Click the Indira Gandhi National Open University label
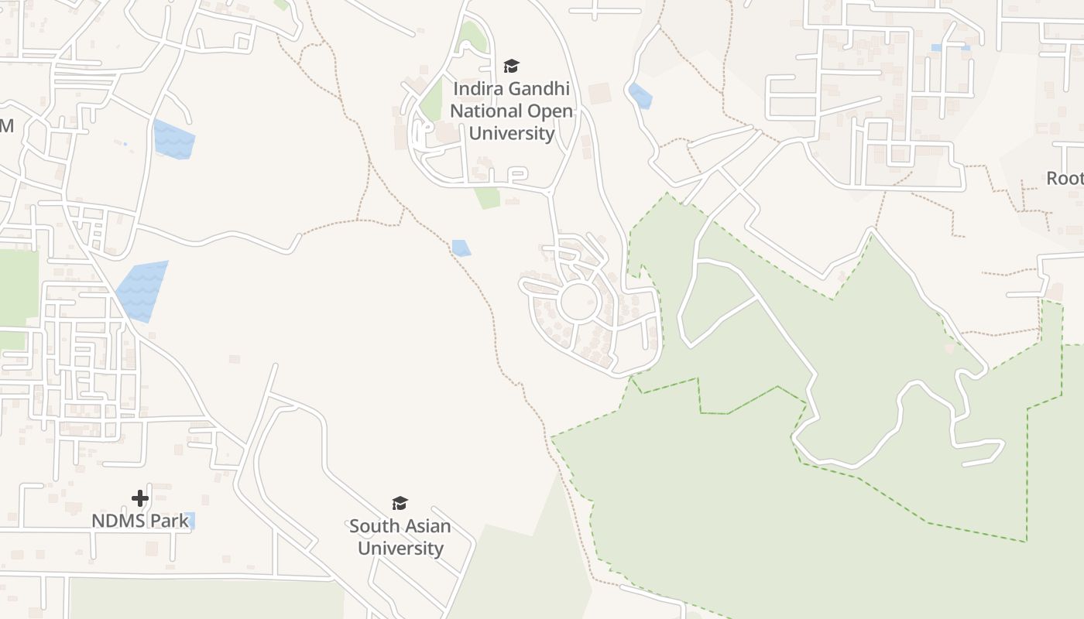click(x=512, y=111)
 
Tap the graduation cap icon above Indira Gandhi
click(x=511, y=67)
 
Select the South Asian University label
click(x=400, y=537)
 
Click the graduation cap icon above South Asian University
click(x=400, y=504)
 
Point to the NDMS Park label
click(x=139, y=521)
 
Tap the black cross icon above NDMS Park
click(x=140, y=498)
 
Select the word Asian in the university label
click(x=423, y=526)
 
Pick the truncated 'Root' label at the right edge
click(x=1065, y=179)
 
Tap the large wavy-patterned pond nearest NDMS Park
click(x=142, y=292)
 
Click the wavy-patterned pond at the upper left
click(x=173, y=140)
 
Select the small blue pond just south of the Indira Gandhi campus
click(x=461, y=248)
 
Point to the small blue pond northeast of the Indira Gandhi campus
click(x=640, y=96)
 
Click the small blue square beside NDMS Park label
click(x=190, y=520)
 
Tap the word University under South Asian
click(x=400, y=549)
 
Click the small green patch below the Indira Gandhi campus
click(x=488, y=197)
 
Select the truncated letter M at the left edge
click(x=6, y=125)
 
